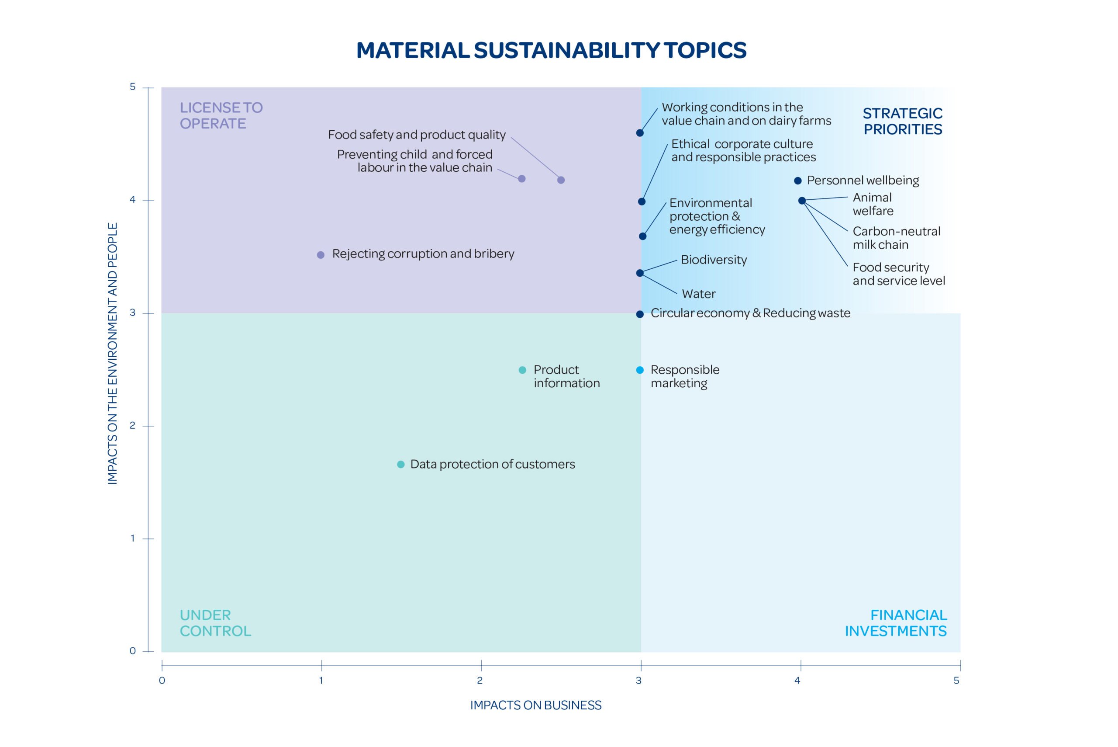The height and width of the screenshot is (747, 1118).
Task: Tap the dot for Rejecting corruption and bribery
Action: point(321,255)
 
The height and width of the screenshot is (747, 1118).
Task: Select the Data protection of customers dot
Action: point(401,465)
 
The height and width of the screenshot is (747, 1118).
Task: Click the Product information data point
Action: point(522,370)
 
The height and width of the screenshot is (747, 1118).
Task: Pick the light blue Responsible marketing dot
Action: point(640,370)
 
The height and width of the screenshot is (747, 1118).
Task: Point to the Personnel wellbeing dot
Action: point(798,181)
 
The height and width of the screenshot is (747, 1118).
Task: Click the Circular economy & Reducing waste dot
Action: point(640,314)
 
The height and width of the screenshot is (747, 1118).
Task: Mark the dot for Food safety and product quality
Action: point(561,180)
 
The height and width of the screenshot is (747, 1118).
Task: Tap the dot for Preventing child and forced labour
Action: point(521,179)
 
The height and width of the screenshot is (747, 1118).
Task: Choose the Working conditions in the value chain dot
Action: point(640,133)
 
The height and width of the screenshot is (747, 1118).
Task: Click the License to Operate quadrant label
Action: point(221,115)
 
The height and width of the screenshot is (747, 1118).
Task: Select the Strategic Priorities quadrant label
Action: point(902,121)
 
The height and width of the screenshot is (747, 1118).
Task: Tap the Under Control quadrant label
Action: point(215,623)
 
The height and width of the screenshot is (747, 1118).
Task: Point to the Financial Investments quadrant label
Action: point(896,623)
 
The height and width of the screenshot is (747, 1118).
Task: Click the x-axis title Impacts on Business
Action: point(536,705)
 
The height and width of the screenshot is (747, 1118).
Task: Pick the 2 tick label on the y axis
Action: point(132,425)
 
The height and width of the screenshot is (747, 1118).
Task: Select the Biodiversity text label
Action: point(714,260)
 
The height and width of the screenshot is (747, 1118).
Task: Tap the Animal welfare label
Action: point(873,204)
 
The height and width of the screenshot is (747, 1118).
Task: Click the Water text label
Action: point(699,293)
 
